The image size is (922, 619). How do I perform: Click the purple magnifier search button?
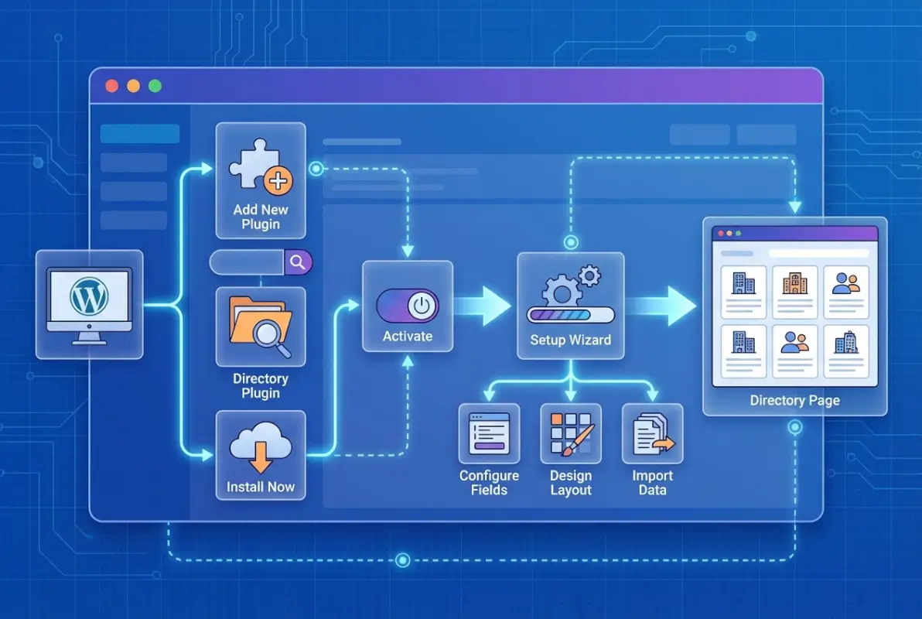[x=297, y=262]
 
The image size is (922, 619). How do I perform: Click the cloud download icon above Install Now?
[x=261, y=450]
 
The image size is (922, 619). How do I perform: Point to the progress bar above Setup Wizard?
[x=570, y=315]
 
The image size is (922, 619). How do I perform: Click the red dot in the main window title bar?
[x=111, y=86]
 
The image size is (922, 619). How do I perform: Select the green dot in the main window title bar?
[x=155, y=86]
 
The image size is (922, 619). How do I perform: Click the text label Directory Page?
[x=794, y=401]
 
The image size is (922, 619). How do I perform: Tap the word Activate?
[x=408, y=337]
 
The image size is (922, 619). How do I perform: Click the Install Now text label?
[x=261, y=487]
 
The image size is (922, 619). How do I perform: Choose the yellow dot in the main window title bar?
[x=133, y=86]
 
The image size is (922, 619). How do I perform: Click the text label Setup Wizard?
[x=570, y=340]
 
